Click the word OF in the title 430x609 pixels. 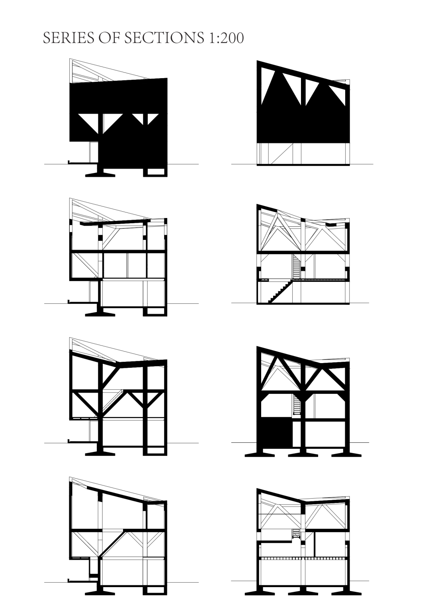[x=109, y=38]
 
